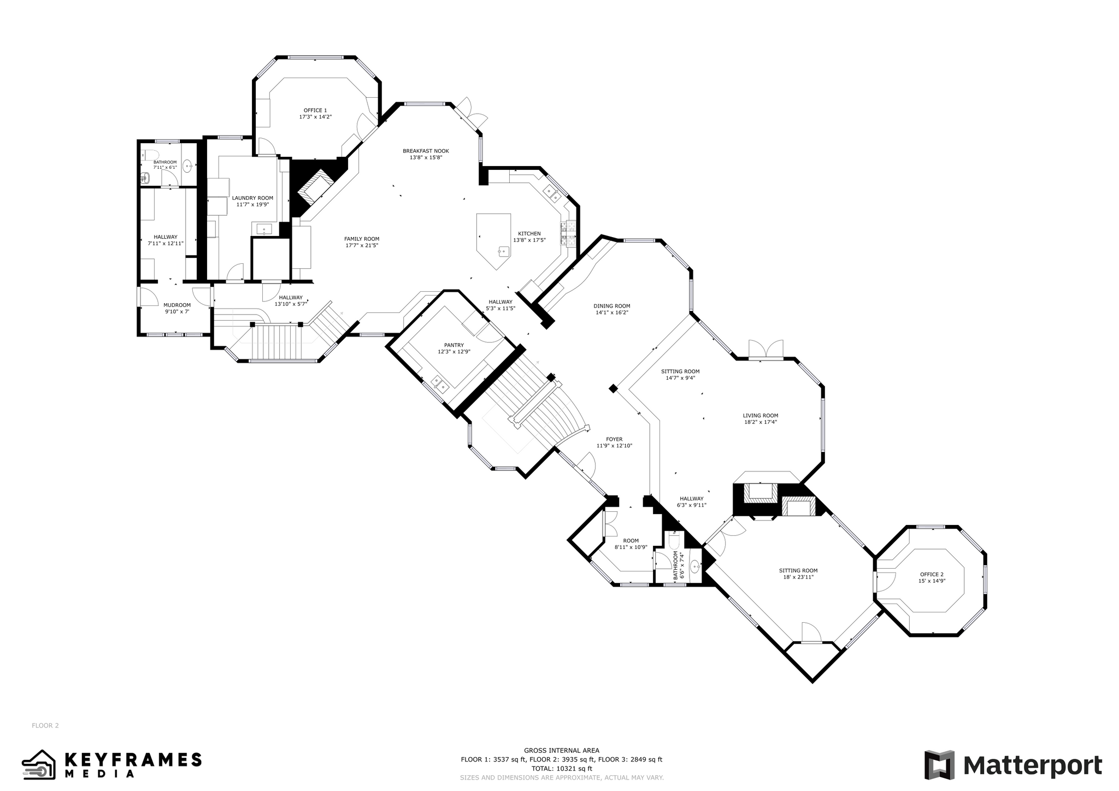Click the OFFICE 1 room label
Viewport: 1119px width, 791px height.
[x=315, y=110]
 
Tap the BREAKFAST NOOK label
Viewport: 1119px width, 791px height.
[x=426, y=151]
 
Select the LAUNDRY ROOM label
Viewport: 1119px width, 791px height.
[x=252, y=198]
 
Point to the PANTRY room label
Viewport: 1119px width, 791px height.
[x=454, y=345]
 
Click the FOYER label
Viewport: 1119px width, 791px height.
[x=614, y=439]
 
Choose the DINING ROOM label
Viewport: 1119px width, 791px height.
[x=612, y=306]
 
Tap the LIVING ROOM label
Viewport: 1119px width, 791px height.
[x=761, y=415]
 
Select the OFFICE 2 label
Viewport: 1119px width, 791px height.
[x=932, y=574]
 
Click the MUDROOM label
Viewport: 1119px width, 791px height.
[x=177, y=305]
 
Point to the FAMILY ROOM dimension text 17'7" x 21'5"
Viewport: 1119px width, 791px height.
[x=362, y=245]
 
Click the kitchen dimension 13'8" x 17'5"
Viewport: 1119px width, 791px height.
[x=529, y=240]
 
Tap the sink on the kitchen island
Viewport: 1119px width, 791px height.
[x=503, y=251]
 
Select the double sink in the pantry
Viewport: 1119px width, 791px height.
[x=440, y=383]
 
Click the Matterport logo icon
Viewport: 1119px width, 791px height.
[x=939, y=765]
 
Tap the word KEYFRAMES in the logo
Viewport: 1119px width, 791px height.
[x=133, y=759]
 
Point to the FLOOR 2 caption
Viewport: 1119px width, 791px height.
[x=45, y=725]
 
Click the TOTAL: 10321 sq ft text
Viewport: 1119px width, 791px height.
[x=562, y=768]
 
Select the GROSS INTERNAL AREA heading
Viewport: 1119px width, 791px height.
[x=562, y=750]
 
